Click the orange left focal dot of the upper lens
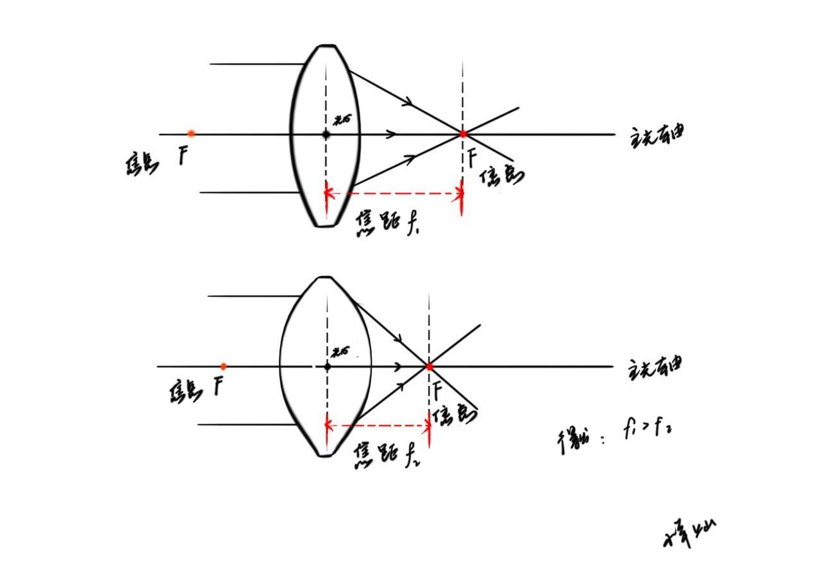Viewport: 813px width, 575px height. pos(191,133)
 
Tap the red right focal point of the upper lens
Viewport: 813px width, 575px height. pos(463,134)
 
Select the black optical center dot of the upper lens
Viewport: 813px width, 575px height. pos(326,134)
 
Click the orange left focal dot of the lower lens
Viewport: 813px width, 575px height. pos(223,367)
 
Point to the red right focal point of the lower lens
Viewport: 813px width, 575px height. pos(429,367)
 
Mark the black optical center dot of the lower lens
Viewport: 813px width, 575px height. pos(327,367)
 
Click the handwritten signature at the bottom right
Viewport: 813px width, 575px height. pos(689,533)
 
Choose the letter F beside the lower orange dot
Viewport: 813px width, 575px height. pos(219,386)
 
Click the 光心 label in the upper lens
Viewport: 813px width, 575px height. pos(342,119)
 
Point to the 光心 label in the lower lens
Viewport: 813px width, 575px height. pos(341,352)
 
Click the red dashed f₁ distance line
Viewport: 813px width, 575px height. pos(394,193)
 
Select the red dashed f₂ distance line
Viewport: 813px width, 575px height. pos(378,425)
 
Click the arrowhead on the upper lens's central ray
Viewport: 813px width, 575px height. pos(392,134)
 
